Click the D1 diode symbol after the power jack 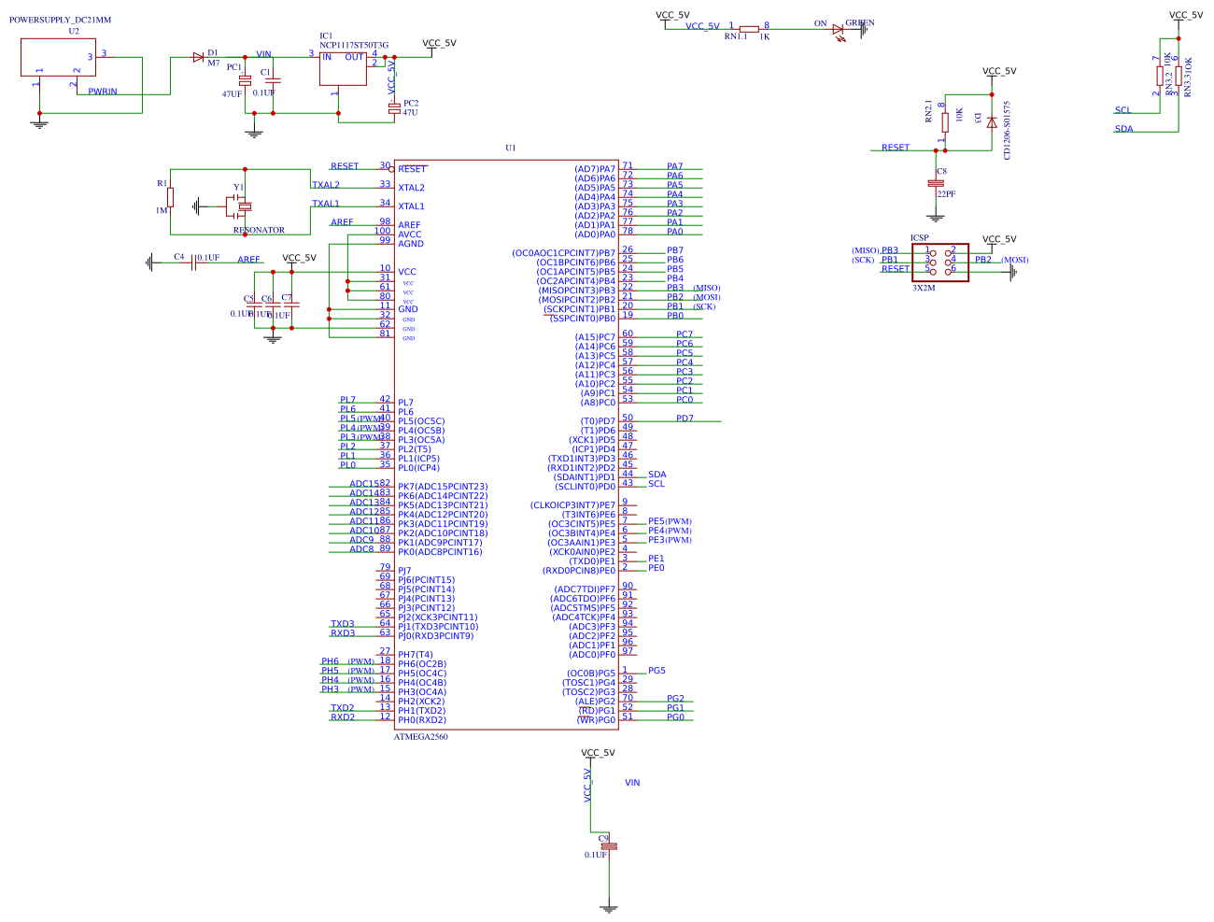click(x=198, y=57)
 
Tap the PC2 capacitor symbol click(x=394, y=107)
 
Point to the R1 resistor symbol click(x=170, y=197)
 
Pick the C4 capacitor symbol click(x=192, y=263)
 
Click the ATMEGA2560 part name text click(x=420, y=737)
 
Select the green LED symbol click(x=838, y=30)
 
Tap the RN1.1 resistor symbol click(x=748, y=30)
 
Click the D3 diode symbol click(x=992, y=121)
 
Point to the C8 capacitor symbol click(x=936, y=183)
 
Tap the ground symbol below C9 click(x=609, y=907)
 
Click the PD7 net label click(x=685, y=418)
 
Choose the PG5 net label click(x=656, y=671)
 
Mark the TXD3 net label click(x=343, y=624)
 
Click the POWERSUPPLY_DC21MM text click(x=60, y=20)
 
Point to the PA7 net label click(x=674, y=166)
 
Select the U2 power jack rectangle click(x=58, y=57)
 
